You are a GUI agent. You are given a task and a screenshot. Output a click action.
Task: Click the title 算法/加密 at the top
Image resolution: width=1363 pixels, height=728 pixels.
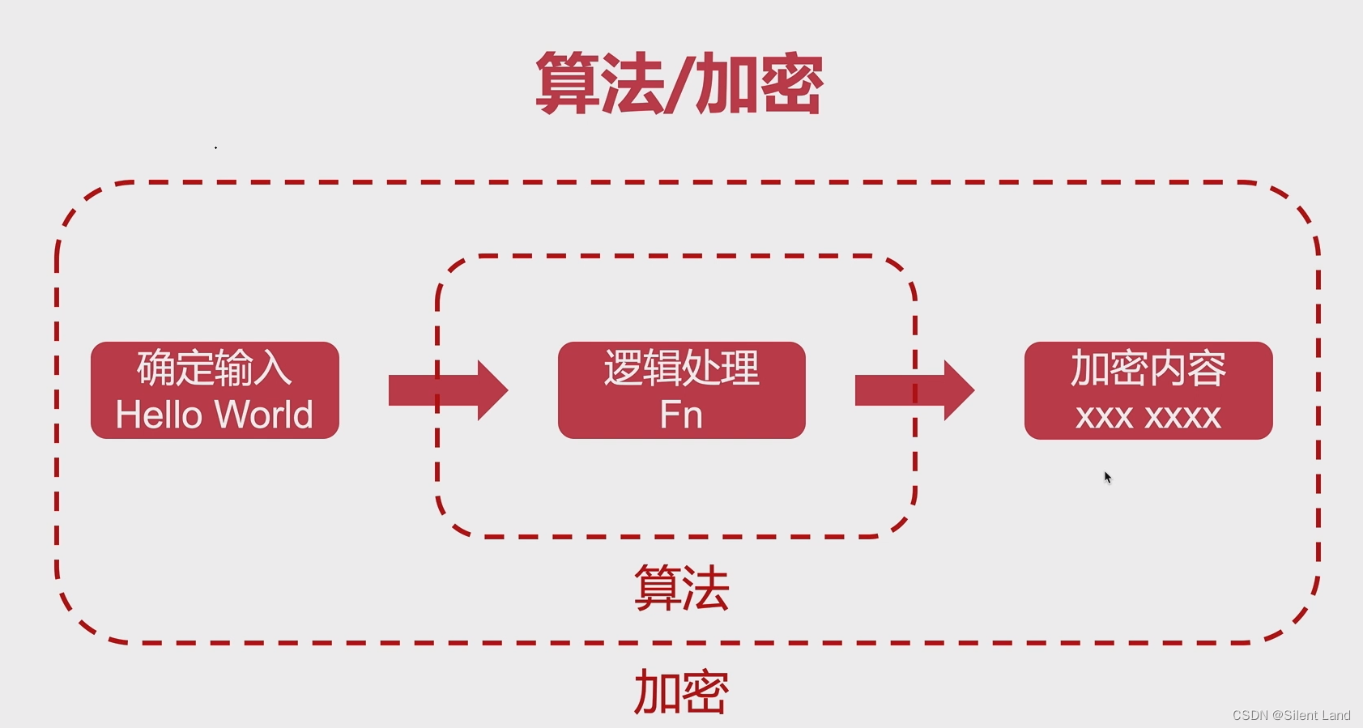(x=679, y=83)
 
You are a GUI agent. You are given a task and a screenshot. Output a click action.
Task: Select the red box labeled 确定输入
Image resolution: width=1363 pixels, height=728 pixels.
(x=215, y=390)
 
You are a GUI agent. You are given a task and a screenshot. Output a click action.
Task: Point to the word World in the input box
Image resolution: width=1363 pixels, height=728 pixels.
(x=265, y=415)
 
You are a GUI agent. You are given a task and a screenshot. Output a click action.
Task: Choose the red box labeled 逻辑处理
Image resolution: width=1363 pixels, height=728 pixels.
(x=681, y=390)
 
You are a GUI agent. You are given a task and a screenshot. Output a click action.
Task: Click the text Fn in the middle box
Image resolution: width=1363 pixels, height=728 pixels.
(x=681, y=415)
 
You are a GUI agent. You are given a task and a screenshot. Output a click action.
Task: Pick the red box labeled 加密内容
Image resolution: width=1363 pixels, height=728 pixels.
(x=1148, y=390)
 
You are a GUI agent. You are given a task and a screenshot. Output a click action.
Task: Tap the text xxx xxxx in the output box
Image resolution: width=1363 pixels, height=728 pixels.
(x=1148, y=417)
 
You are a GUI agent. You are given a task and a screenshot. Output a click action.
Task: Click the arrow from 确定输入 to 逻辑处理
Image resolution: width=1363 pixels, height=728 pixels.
(x=448, y=390)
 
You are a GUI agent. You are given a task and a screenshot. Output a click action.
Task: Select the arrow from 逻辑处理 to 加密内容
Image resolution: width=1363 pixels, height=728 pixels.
(x=914, y=390)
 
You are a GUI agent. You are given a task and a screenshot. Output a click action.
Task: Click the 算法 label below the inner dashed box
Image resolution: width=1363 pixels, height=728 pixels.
(x=681, y=588)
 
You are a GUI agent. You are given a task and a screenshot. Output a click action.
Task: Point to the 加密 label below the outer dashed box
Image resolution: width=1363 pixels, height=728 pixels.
(x=681, y=692)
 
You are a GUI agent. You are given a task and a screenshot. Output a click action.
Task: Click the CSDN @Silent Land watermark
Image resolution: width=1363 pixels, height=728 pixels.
(x=1291, y=715)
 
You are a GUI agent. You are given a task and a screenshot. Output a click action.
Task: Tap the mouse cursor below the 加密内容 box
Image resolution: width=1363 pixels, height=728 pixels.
(x=1107, y=477)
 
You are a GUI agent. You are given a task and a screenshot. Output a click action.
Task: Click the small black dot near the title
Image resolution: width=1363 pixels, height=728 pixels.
(x=215, y=147)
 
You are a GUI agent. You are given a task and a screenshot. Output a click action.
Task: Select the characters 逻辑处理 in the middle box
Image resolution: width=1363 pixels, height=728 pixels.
(x=681, y=368)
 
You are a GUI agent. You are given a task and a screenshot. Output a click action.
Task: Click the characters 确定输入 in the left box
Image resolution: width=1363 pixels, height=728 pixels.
(x=215, y=368)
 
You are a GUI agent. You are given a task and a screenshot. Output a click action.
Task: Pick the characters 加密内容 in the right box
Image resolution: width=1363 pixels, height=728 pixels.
(x=1148, y=368)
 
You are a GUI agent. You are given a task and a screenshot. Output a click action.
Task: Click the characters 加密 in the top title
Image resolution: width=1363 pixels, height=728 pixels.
(x=759, y=83)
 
